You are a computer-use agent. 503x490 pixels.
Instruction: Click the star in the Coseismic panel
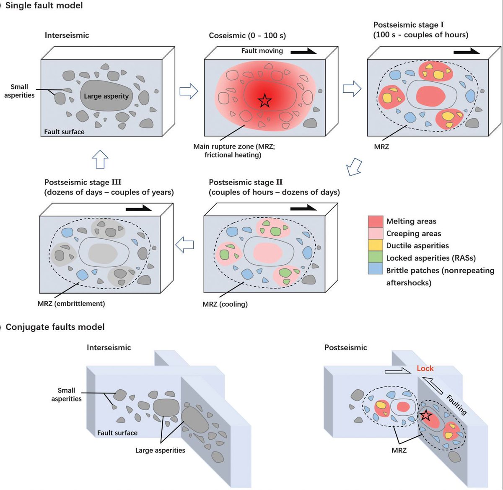point(264,101)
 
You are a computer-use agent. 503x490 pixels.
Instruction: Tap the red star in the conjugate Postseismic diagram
point(425,415)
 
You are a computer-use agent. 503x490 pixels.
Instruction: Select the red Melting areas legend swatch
point(375,221)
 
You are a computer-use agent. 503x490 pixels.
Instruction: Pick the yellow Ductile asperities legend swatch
point(375,245)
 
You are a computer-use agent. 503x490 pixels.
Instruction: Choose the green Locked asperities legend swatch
point(375,258)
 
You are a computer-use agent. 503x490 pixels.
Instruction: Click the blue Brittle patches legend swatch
point(375,270)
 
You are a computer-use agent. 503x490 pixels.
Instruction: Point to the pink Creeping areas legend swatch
point(375,233)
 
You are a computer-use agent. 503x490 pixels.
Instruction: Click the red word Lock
point(425,368)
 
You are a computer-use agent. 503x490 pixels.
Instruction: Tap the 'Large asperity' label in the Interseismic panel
point(106,96)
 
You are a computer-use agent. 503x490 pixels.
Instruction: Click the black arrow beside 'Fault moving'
point(303,51)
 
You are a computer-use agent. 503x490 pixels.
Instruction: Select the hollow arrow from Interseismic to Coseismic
point(189,91)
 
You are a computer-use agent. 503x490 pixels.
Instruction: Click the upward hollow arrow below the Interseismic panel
point(100,159)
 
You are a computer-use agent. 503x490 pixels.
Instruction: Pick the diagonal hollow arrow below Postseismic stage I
point(354,167)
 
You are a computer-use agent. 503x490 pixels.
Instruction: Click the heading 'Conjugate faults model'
point(55,327)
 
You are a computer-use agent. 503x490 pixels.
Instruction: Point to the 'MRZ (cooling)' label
point(225,304)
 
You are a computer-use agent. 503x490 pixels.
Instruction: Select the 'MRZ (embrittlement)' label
point(71,303)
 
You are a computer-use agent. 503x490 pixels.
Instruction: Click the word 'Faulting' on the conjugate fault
point(456,404)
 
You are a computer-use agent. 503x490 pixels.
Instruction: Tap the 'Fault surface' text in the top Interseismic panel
point(64,132)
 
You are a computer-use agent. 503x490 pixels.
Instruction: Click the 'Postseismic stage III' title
point(83,182)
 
